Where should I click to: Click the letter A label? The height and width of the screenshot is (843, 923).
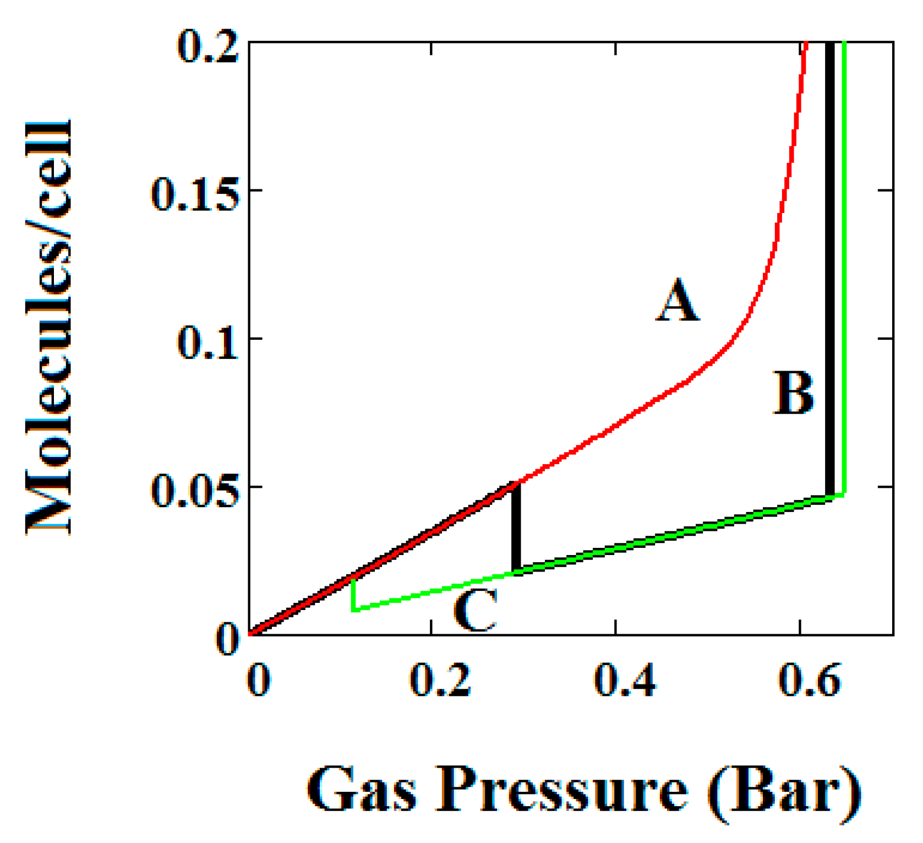point(678,300)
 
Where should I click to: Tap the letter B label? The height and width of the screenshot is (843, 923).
point(793,393)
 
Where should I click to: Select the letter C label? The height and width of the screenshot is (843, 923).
point(476,610)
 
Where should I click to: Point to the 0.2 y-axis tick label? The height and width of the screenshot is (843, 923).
point(207,47)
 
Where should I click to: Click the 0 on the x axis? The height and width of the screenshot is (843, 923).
point(258,681)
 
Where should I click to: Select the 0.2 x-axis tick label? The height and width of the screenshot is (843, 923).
point(440,681)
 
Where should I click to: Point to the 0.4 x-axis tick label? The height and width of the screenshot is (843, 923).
point(625,681)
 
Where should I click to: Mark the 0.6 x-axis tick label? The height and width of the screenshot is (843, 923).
point(809,681)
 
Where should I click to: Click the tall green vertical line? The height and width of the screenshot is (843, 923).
point(844,264)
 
